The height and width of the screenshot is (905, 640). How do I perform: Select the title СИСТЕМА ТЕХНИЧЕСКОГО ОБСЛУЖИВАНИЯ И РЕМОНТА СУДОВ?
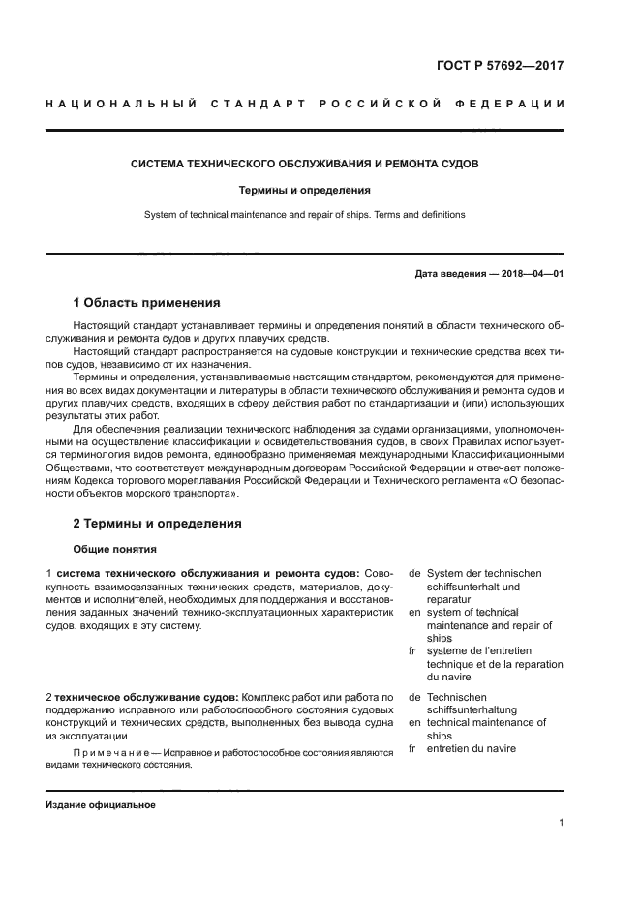click(x=304, y=164)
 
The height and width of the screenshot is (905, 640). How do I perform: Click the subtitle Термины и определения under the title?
click(x=304, y=191)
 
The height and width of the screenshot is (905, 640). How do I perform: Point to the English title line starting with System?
click(x=304, y=214)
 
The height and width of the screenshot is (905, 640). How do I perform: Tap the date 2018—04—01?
click(x=532, y=274)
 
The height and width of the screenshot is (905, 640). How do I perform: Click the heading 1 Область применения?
click(x=146, y=303)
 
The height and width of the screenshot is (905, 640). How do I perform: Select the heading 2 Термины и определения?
click(x=157, y=523)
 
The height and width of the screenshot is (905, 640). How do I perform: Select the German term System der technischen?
click(x=484, y=573)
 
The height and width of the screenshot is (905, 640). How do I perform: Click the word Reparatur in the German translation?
click(x=449, y=599)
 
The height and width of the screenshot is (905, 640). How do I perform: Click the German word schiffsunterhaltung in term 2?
click(x=472, y=709)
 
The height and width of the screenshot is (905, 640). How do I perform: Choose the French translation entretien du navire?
click(x=471, y=748)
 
